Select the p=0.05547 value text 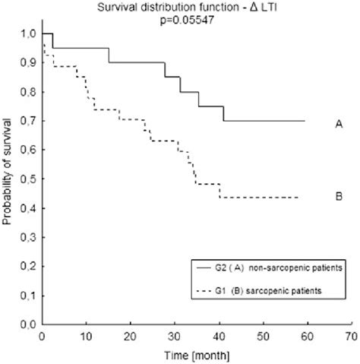coord(180,18)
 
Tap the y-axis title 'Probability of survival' coord(7,179)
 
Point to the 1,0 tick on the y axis coord(27,34)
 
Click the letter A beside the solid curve coord(336,121)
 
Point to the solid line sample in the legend coord(202,268)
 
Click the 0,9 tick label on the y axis coord(27,63)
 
